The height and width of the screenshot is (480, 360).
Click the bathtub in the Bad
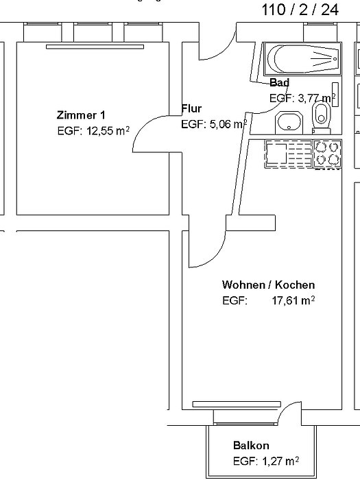[x=302, y=59]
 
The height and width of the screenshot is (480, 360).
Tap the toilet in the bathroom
[x=321, y=117]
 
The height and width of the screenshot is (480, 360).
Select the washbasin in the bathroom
[x=289, y=123]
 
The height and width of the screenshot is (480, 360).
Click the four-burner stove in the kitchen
[x=327, y=154]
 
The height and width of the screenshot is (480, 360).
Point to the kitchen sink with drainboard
[x=289, y=154]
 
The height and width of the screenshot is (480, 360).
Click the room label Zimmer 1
[x=81, y=115]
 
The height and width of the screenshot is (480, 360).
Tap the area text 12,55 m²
[x=108, y=131]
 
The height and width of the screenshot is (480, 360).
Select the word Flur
[x=191, y=108]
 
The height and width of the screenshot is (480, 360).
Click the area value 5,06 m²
[x=228, y=124]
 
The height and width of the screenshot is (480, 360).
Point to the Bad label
[x=280, y=83]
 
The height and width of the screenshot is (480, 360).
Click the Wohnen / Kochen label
[x=269, y=285]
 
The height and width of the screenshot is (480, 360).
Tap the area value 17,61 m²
[x=293, y=300]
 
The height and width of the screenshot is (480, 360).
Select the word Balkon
[x=251, y=446]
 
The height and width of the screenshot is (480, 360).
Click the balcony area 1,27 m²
[x=280, y=461]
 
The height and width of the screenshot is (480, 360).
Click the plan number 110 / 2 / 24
[x=300, y=10]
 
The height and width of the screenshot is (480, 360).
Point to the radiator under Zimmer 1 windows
[x=95, y=47]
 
